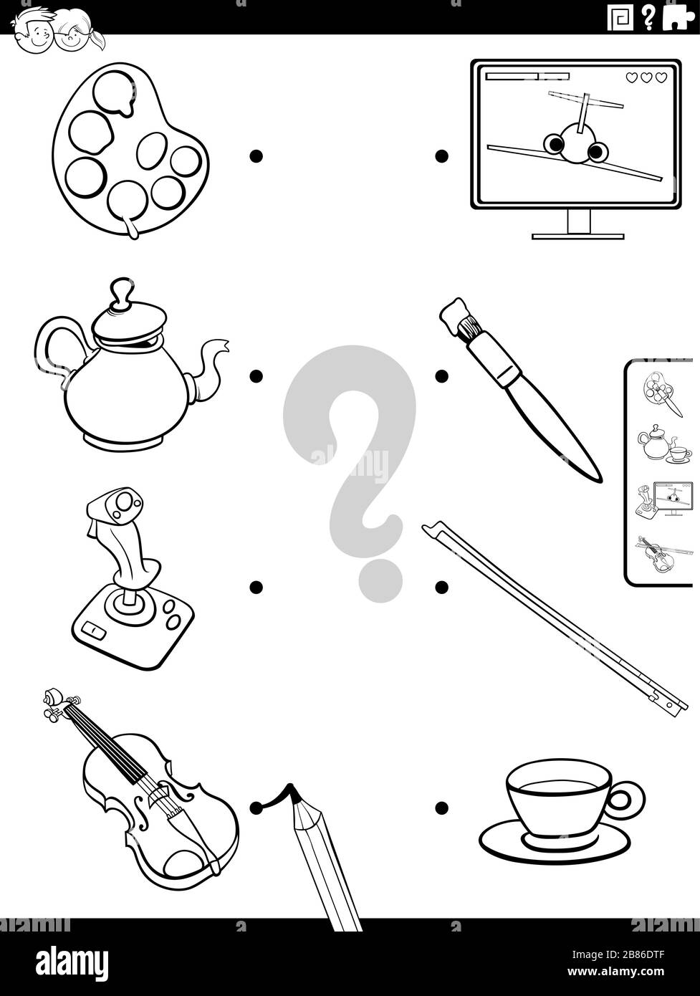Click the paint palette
(129, 150)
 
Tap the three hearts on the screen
(646, 77)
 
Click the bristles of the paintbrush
(467, 328)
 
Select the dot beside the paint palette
(256, 155)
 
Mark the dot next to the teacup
(441, 808)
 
